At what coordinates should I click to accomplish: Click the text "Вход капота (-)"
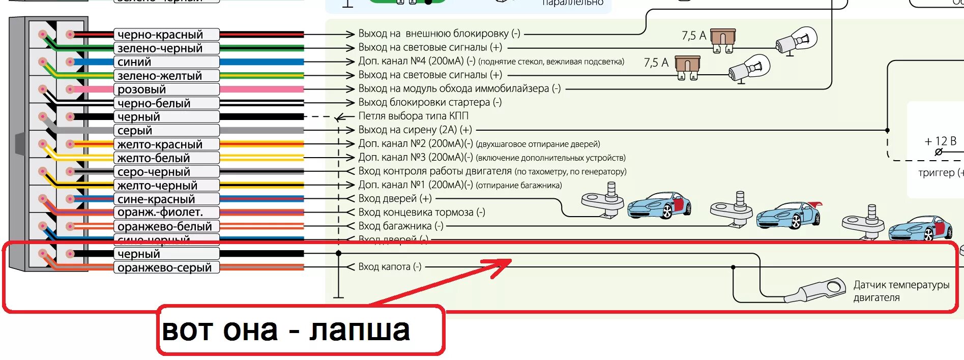[390, 266]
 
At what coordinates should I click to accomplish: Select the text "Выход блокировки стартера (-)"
[430, 102]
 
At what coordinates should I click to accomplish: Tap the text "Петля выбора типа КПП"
[413, 116]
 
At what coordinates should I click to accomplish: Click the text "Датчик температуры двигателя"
[901, 291]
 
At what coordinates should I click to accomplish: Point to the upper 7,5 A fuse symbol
[723, 40]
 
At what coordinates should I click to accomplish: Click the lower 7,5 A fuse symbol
[687, 67]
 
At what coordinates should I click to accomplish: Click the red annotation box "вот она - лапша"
[301, 330]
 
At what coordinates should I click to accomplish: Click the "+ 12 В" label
[940, 141]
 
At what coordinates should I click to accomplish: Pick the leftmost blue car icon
[659, 205]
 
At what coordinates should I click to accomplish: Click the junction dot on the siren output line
[888, 130]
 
